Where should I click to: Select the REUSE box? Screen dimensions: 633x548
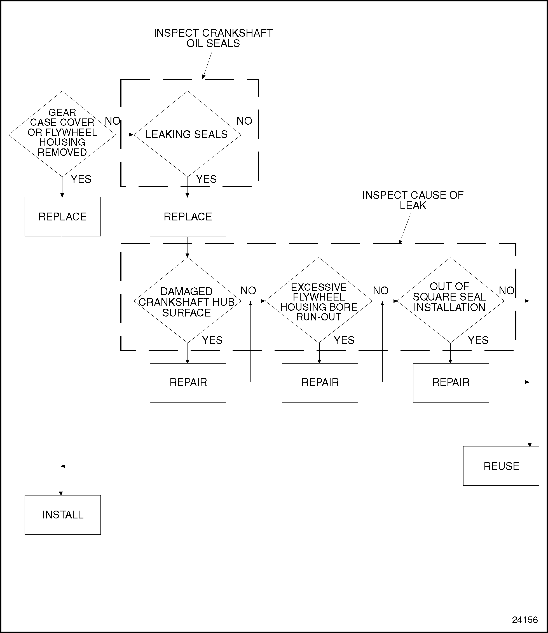[x=501, y=466]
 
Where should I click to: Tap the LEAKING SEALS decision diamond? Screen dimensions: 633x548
[x=187, y=134]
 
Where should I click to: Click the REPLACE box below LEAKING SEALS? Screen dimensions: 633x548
[x=188, y=217]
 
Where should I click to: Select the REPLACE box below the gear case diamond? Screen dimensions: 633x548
[x=63, y=217]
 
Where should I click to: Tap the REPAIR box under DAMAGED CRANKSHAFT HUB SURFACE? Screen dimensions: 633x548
[x=188, y=382]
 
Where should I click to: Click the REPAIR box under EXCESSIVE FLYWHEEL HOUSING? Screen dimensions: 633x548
[x=320, y=382]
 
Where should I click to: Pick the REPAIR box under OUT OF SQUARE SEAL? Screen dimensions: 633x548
[x=451, y=382]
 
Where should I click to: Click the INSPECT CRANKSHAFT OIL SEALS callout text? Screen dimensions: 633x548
[x=213, y=38]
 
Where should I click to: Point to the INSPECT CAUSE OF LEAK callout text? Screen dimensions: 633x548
[x=413, y=200]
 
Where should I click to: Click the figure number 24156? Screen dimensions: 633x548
[x=525, y=620]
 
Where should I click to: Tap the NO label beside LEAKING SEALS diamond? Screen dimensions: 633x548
[x=244, y=121]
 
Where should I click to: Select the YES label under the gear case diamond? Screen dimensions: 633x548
[x=81, y=179]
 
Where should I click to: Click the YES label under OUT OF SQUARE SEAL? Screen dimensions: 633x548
[x=478, y=340]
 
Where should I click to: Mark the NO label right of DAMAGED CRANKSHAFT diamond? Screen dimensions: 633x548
[x=248, y=290]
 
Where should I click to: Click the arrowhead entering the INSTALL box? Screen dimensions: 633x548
[x=61, y=493]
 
